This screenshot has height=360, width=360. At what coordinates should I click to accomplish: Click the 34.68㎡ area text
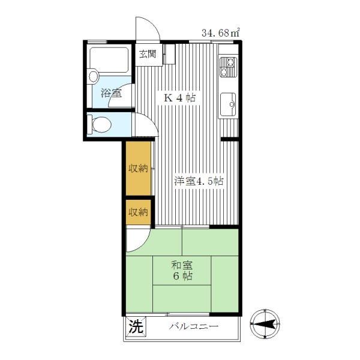tap(221, 33)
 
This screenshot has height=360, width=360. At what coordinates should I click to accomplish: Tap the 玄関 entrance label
tap(148, 54)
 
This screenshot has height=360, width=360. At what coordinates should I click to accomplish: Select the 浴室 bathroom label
tap(111, 93)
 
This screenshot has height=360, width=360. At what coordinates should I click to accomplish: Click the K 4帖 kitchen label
tap(179, 98)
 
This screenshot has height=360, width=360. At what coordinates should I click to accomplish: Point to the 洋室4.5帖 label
tap(199, 181)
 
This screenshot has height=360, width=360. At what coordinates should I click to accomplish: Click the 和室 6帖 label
tap(182, 271)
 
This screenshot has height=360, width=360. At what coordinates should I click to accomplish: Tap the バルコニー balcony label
tap(193, 326)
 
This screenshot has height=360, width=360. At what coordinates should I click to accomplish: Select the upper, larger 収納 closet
tap(138, 169)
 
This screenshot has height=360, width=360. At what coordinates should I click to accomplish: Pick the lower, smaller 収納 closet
tap(138, 212)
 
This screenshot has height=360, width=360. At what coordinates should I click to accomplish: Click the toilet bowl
tap(101, 124)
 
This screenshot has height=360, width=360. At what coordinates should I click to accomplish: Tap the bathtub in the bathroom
tap(109, 60)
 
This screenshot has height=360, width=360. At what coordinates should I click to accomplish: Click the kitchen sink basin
tap(228, 104)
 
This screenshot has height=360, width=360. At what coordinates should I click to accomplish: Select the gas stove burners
tap(228, 67)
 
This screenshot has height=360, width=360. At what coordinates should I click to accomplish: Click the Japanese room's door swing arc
tap(144, 242)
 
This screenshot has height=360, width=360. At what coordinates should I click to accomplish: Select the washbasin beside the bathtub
tap(94, 76)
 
